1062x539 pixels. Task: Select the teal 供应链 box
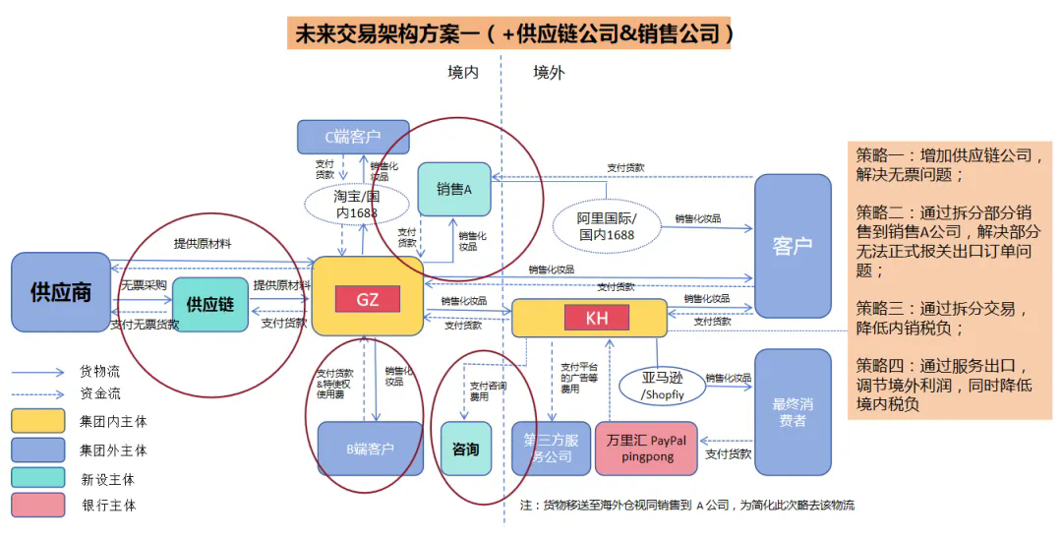[x=210, y=304]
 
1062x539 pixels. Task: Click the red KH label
[x=596, y=318]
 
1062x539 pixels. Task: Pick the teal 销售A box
[x=454, y=189]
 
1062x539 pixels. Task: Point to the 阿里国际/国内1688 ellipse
[x=607, y=226]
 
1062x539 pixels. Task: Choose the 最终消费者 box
[x=793, y=411]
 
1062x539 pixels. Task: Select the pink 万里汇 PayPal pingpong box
[x=646, y=448]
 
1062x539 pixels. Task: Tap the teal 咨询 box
[x=465, y=449]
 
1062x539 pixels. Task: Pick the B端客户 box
[x=370, y=449]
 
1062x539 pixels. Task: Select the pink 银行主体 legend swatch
[x=38, y=505]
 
